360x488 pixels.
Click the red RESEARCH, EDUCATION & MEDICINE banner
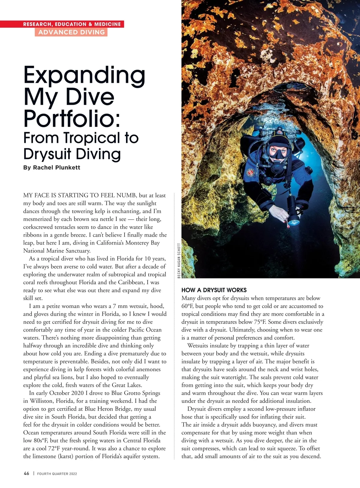72,24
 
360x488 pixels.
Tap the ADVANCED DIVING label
71,32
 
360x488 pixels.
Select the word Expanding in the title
84,76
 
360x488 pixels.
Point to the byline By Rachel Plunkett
52,167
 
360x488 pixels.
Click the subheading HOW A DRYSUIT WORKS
214,290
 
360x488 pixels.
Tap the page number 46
26,473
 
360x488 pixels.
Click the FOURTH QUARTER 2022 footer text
57,474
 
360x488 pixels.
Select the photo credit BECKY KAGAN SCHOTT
179,261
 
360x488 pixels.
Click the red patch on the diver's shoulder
250,172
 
